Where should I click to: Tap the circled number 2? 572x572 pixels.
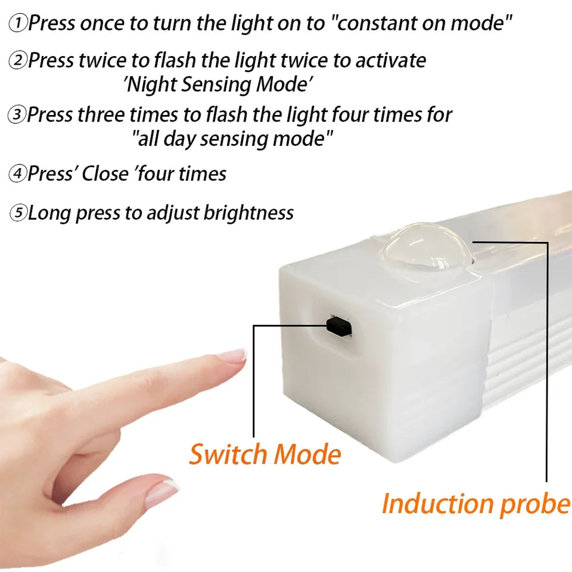click(18, 61)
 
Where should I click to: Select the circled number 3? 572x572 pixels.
click(17, 115)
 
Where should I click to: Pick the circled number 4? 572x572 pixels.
click(17, 175)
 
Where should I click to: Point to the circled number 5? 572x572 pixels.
click(18, 213)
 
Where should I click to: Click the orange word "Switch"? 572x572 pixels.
click(225, 455)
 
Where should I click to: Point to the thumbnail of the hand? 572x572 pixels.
click(161, 492)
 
